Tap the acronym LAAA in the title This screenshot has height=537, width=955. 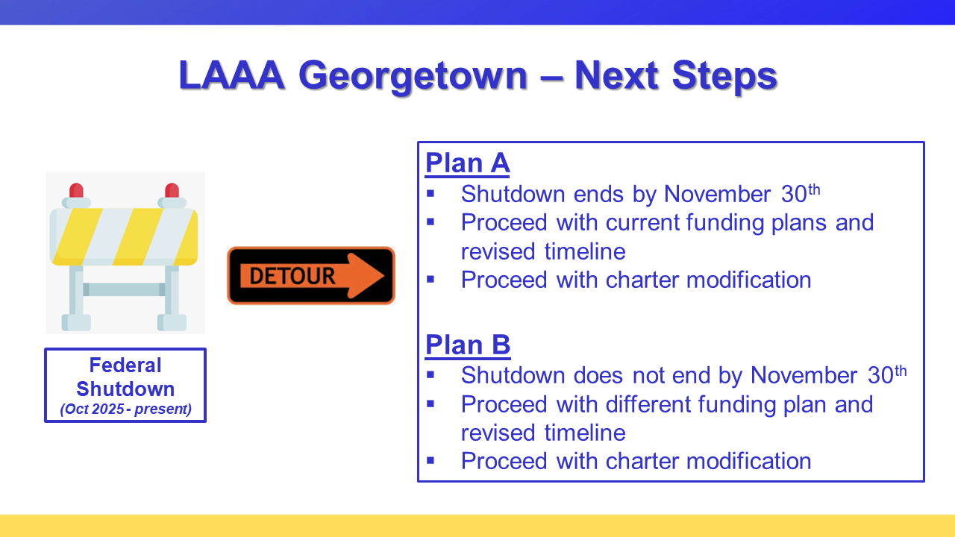(x=232, y=75)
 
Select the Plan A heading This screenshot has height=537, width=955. (x=467, y=163)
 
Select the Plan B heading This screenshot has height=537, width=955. (x=468, y=345)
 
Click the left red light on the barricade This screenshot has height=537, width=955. (x=76, y=190)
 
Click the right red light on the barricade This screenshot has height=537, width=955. (x=172, y=190)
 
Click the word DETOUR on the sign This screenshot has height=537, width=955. (x=292, y=276)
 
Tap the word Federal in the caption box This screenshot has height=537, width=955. (x=125, y=365)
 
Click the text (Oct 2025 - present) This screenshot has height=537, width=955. (x=125, y=409)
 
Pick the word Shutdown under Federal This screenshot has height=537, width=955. (x=125, y=389)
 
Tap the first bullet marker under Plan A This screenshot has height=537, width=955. (x=430, y=194)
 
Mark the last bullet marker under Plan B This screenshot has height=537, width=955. (x=430, y=460)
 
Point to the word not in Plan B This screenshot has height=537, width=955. (x=654, y=375)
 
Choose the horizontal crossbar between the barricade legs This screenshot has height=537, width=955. (x=124, y=289)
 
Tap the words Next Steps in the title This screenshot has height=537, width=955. (x=676, y=75)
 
